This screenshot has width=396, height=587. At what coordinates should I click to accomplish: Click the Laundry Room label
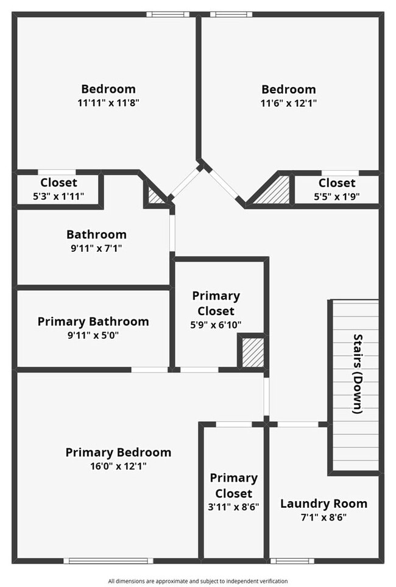click(324, 503)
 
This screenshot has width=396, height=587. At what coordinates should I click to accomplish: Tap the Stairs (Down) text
click(358, 374)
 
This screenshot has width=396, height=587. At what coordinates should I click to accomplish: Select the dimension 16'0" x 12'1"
click(118, 466)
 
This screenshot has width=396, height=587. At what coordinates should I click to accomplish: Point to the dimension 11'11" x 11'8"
click(108, 102)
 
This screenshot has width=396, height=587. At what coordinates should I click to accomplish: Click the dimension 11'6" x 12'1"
click(289, 103)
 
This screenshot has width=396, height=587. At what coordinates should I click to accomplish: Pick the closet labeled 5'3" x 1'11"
click(58, 189)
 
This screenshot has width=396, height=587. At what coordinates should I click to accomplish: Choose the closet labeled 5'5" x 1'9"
click(336, 190)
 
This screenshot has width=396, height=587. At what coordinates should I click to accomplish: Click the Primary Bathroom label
click(93, 322)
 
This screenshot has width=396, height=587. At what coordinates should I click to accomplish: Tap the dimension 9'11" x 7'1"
click(97, 248)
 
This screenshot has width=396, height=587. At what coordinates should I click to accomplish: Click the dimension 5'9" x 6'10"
click(216, 325)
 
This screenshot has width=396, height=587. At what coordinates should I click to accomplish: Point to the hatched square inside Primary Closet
click(252, 352)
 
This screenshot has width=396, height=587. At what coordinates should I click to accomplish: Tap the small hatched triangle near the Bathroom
click(155, 196)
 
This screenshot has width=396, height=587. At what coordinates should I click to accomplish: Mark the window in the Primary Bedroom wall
click(108, 561)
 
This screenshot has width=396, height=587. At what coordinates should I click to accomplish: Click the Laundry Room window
click(292, 561)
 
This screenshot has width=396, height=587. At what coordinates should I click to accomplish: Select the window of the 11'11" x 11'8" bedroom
click(168, 15)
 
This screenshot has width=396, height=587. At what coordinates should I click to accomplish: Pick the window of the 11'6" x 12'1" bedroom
click(231, 15)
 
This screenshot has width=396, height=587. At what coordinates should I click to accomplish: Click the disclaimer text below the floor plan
click(198, 581)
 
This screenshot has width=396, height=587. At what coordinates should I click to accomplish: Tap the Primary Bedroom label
click(118, 452)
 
